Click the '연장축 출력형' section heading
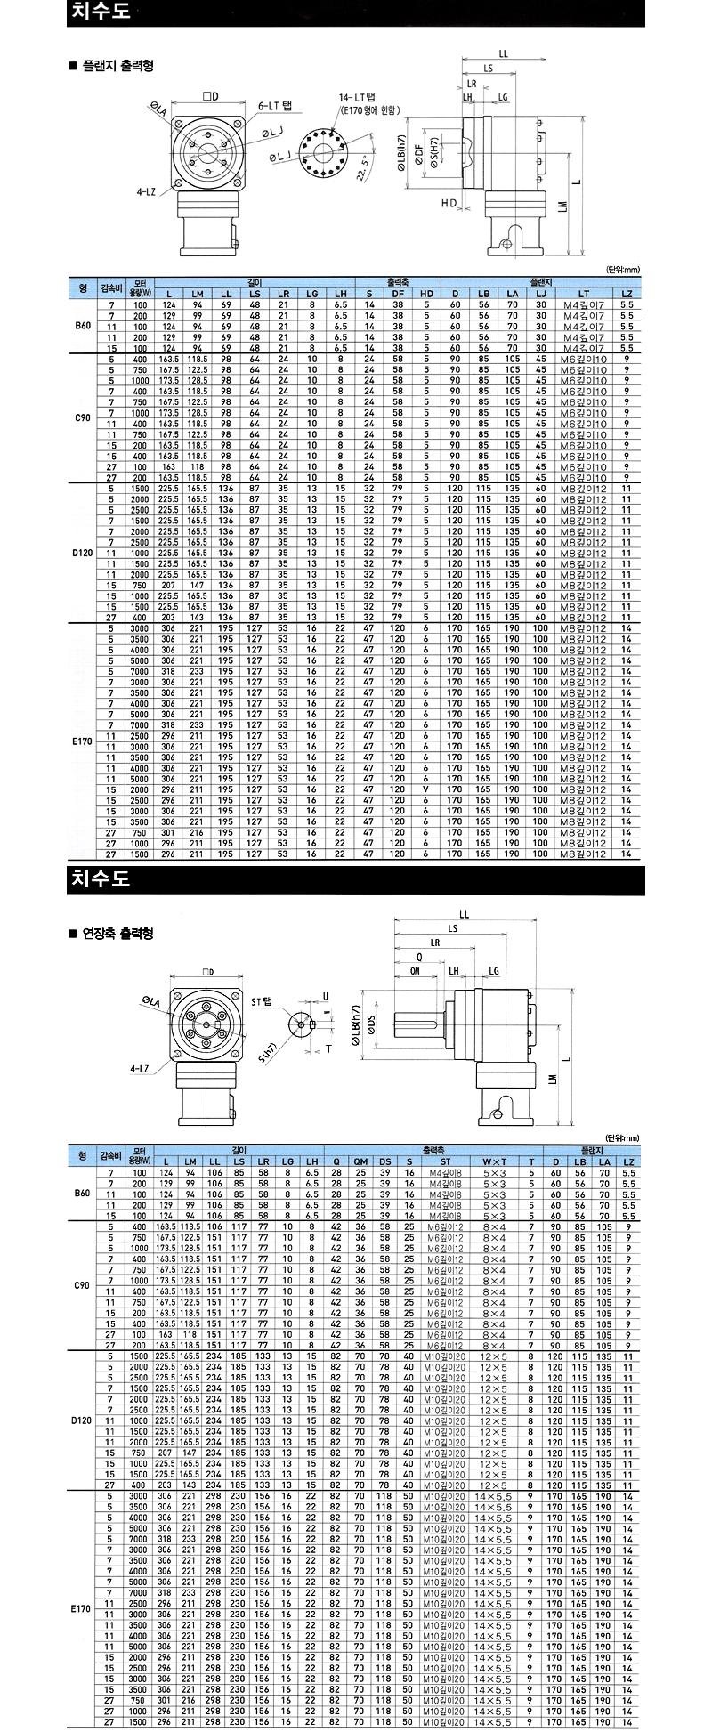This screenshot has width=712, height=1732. click(x=116, y=934)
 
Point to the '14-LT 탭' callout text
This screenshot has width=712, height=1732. click(x=355, y=96)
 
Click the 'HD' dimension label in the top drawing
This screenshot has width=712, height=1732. click(x=448, y=203)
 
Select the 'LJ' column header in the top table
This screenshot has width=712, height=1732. click(x=540, y=294)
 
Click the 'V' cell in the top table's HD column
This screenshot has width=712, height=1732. click(x=426, y=789)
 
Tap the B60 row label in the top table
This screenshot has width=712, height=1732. click(x=83, y=326)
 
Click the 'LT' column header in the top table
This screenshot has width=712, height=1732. click(x=584, y=294)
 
